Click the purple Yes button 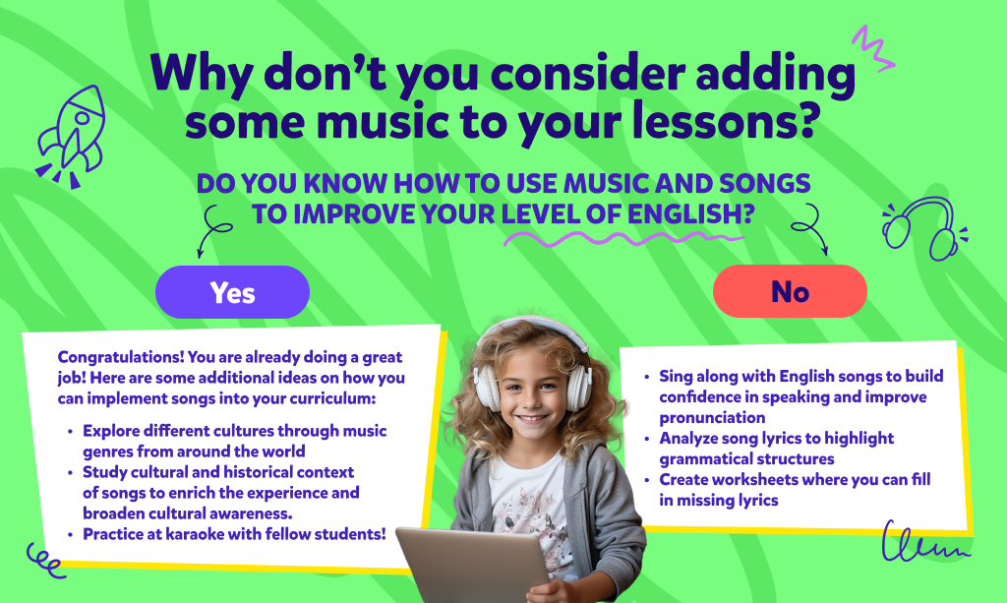(232, 292)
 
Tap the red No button (790, 291)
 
